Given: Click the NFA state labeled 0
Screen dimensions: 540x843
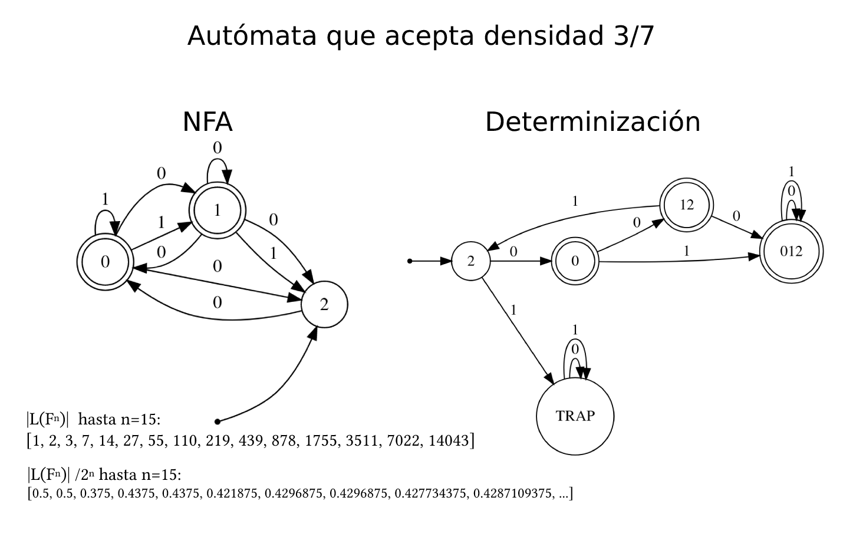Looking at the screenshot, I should pos(105,263).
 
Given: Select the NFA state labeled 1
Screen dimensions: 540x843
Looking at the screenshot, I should pos(217,211).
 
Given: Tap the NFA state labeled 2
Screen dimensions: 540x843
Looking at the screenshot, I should pos(324,305).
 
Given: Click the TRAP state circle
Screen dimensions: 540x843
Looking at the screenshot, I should pos(575,416).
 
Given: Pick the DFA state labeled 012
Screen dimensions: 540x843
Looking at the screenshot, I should pos(791,251).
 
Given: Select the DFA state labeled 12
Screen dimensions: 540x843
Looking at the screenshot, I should pos(686,206).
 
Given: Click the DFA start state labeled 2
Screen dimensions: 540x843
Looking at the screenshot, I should pos(470,261).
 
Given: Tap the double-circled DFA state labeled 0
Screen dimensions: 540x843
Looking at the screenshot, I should pos(575,261).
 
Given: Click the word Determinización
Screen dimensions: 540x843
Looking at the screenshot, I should pos(592,123).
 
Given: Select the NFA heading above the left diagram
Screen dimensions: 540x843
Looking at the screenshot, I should pos(208,123).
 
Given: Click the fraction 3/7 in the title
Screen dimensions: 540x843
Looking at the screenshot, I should pos(630,36).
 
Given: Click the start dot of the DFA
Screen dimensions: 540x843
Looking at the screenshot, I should pos(410,261).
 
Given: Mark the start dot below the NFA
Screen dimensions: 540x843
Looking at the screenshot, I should pos(218,422).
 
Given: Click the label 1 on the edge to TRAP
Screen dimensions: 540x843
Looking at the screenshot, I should pos(513,310).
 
